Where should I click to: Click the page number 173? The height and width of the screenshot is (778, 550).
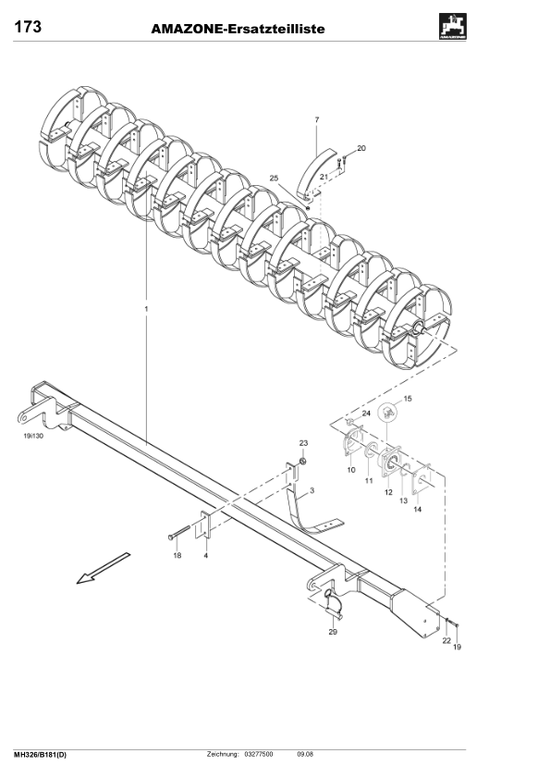(27, 28)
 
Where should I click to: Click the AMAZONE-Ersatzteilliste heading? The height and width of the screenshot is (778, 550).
(238, 30)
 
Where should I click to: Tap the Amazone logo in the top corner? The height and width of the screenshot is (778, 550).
(452, 29)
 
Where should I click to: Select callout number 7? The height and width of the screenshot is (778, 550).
(316, 120)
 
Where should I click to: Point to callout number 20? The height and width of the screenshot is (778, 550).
(361, 148)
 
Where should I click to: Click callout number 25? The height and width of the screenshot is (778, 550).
(273, 178)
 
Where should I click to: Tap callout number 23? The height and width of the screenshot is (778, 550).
(302, 444)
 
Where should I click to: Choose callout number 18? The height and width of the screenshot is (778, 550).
(177, 556)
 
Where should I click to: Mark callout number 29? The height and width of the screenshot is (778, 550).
(333, 633)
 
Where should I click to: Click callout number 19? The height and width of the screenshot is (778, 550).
(456, 648)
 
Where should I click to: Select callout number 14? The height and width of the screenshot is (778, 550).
(417, 509)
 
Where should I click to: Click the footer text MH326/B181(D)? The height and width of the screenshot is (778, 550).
(40, 755)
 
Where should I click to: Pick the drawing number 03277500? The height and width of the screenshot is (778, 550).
(258, 755)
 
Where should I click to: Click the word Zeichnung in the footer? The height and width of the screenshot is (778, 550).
(224, 755)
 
